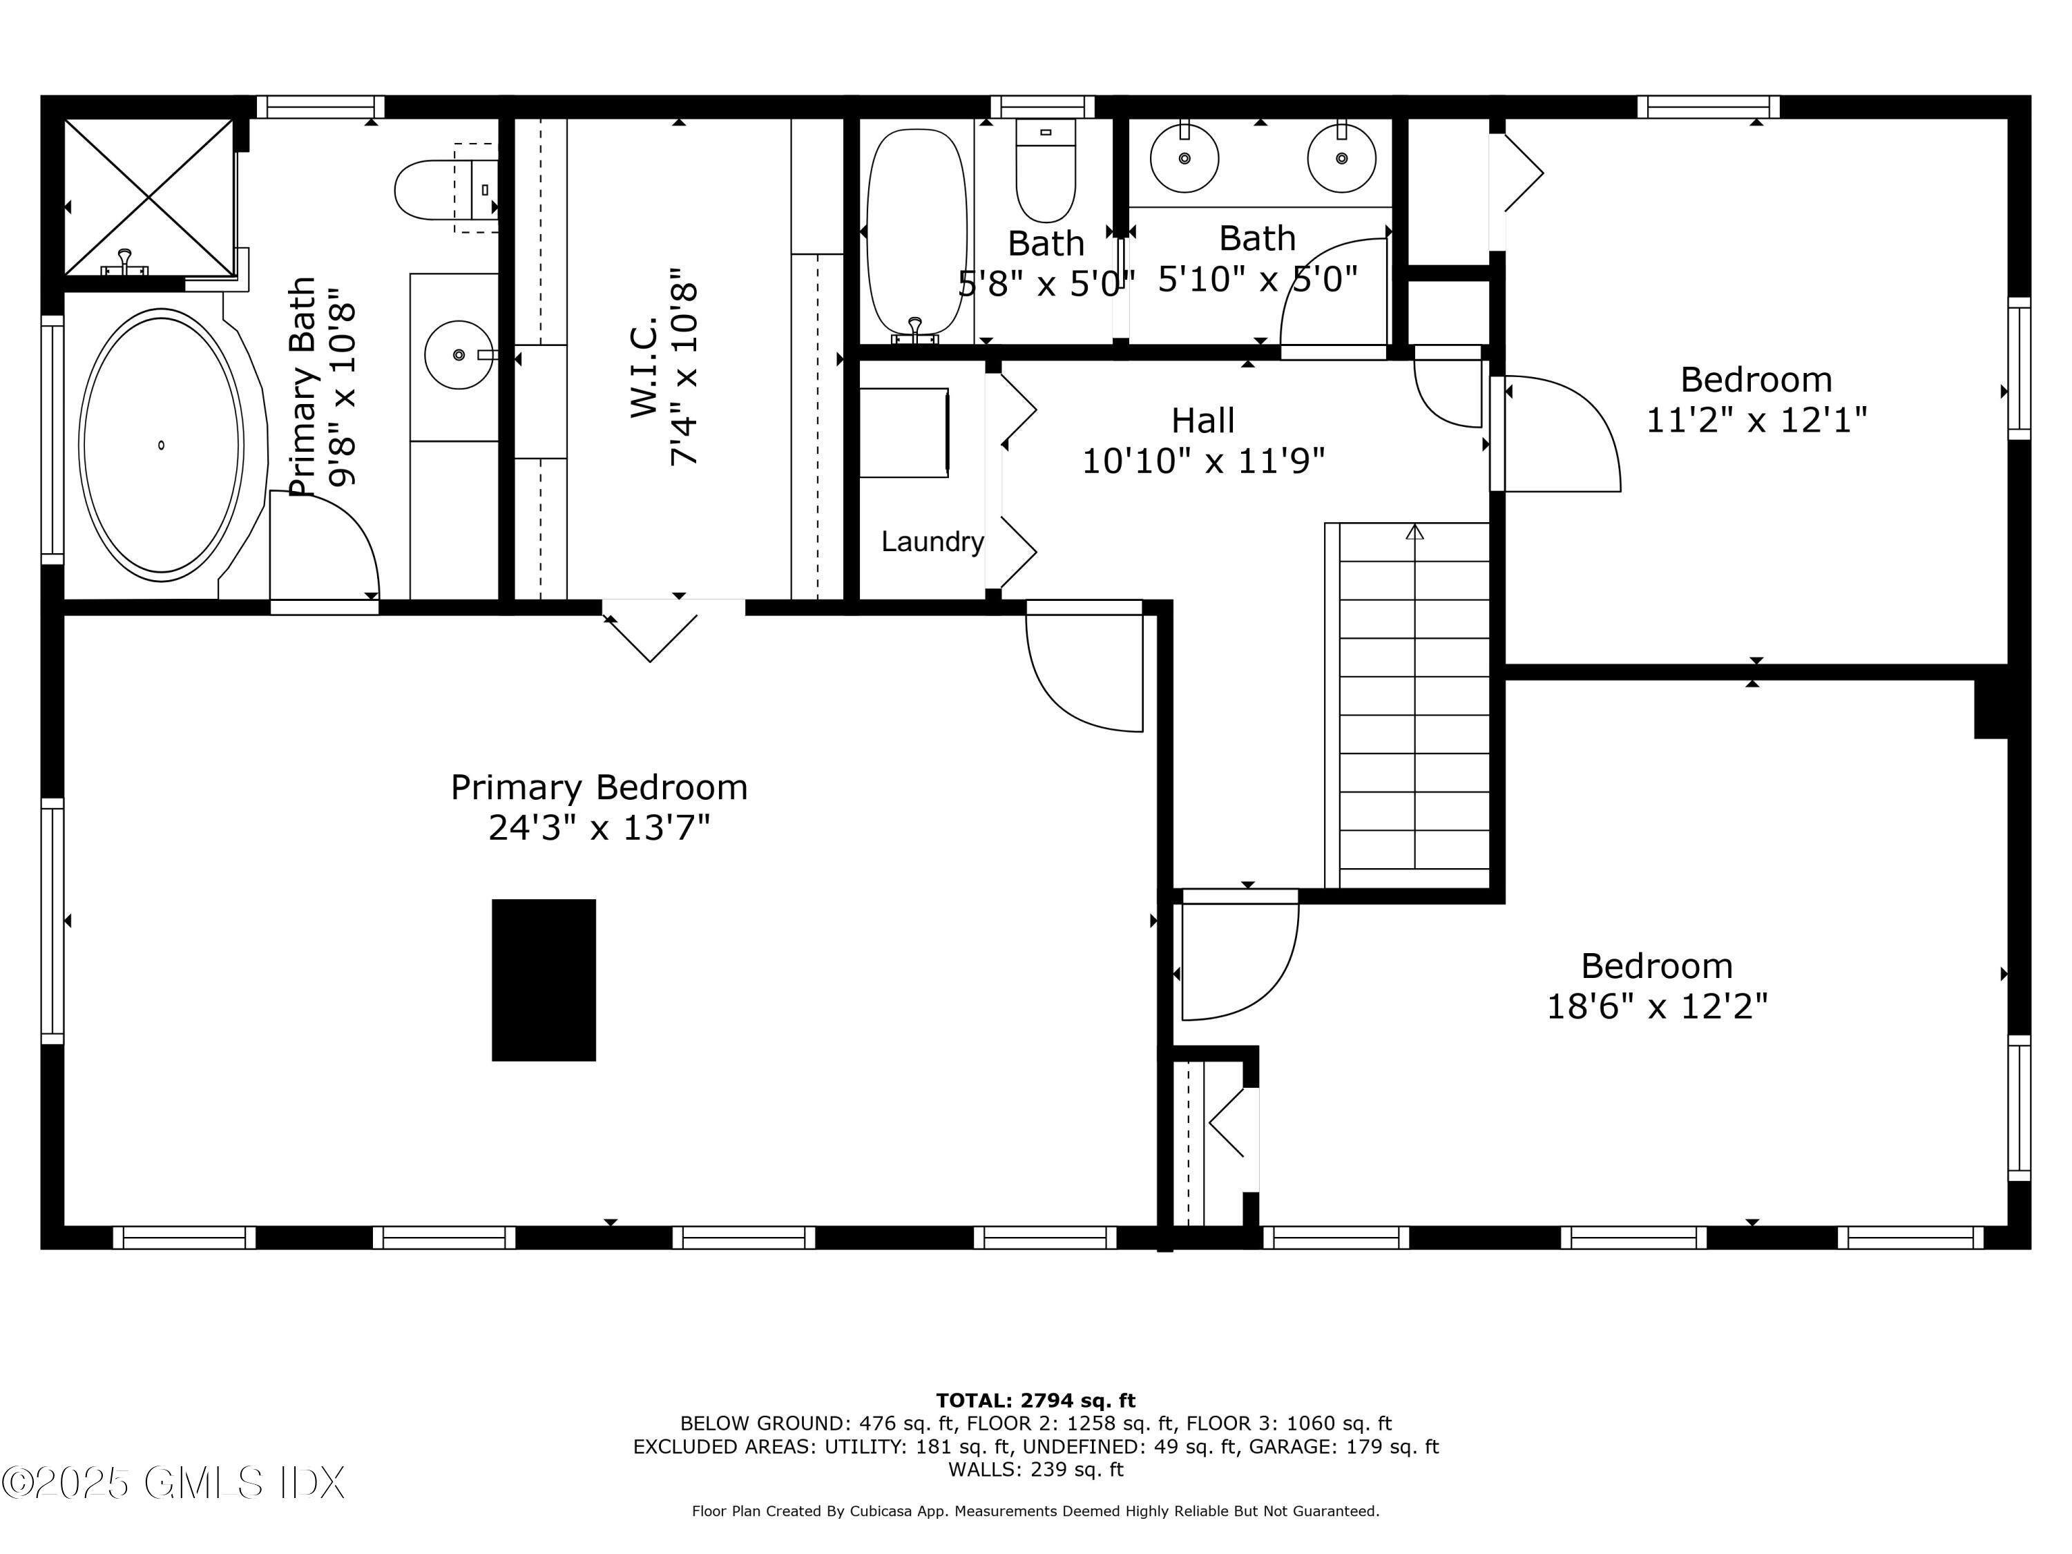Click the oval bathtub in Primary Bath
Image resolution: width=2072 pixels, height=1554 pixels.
coord(161,444)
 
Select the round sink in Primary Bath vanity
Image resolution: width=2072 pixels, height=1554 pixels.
coord(458,355)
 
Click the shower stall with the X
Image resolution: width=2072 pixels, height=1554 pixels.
coord(148,198)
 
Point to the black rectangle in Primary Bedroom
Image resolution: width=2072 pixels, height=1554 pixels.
coord(544,980)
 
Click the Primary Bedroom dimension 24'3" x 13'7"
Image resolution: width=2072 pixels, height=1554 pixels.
coord(599,828)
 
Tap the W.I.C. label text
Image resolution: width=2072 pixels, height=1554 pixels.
coord(645,371)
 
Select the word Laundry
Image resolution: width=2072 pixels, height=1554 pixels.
coord(932,541)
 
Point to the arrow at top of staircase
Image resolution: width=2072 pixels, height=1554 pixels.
coord(1414,532)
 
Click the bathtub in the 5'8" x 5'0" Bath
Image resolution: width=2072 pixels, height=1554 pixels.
coord(916,232)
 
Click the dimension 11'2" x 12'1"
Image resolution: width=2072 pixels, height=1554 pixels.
coord(1756,420)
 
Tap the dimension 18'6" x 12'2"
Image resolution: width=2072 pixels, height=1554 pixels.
coord(1656,1007)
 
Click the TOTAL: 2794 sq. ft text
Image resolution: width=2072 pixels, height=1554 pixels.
coord(1035,1401)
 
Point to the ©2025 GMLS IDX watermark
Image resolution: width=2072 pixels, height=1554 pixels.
coord(173,1483)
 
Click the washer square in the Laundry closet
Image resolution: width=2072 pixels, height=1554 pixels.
coord(904,433)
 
